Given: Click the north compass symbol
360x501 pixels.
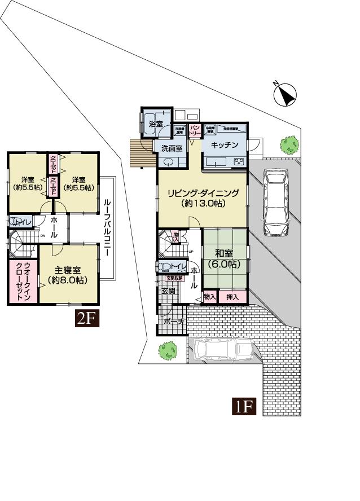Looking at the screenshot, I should (x=286, y=94).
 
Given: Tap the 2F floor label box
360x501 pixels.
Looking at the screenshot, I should (x=88, y=319).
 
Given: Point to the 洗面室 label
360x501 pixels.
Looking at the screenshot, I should (x=171, y=149).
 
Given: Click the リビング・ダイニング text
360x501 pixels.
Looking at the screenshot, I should (x=203, y=194).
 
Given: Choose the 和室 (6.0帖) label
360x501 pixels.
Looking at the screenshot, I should (x=225, y=258).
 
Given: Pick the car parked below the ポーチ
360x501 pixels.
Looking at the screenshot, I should (x=223, y=350).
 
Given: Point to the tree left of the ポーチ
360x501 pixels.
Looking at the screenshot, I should (x=166, y=351).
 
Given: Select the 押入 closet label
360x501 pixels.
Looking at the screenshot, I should (x=232, y=296).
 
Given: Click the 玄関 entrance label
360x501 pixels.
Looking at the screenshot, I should (x=169, y=291).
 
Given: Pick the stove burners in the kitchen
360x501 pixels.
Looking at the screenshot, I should (x=239, y=162).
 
